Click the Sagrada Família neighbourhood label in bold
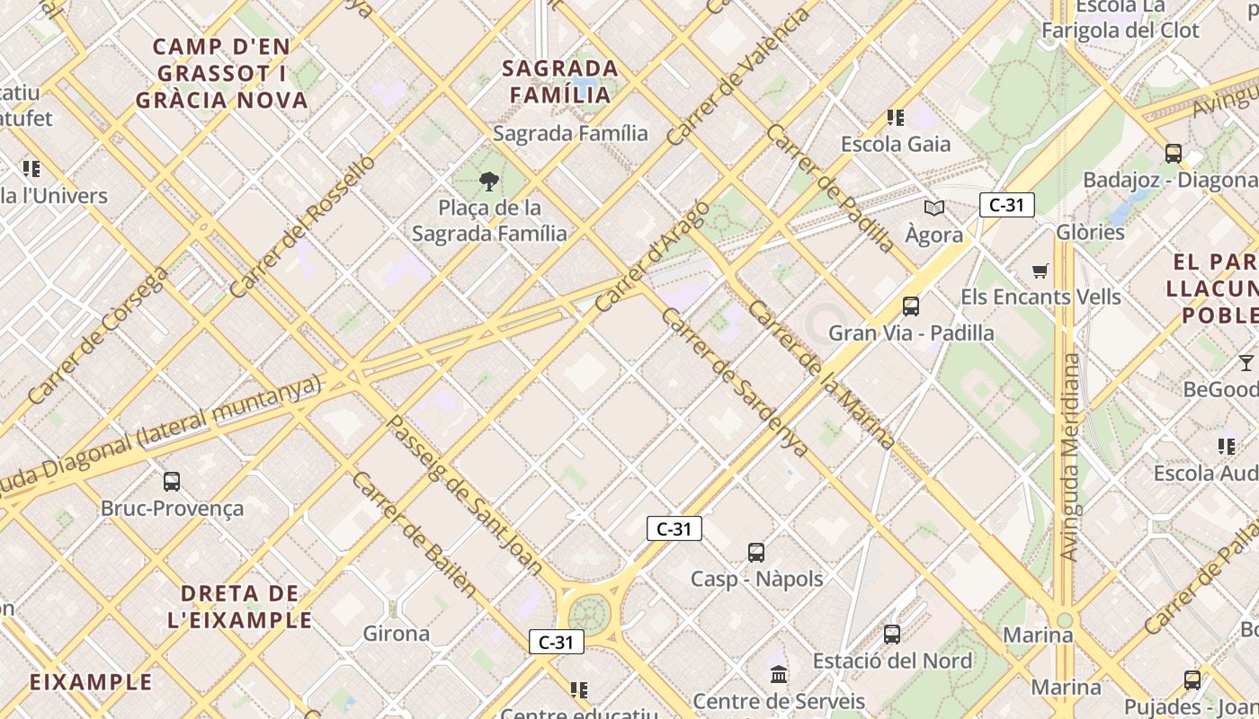(560, 81)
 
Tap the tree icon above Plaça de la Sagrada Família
(489, 182)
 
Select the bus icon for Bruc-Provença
(172, 482)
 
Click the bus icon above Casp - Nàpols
(756, 552)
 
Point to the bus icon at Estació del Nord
(892, 635)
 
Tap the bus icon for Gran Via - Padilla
(911, 306)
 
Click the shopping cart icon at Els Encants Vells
(1040, 271)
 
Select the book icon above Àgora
(934, 209)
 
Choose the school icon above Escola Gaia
(896, 118)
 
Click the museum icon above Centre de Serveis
(779, 674)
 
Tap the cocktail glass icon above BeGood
(1246, 363)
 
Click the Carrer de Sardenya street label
(734, 381)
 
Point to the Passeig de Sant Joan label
(464, 494)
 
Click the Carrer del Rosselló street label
(300, 226)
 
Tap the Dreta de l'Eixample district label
(240, 607)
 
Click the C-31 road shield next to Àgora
(1006, 205)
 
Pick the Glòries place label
(1090, 232)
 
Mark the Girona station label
(396, 634)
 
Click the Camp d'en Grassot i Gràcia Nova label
(221, 73)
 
